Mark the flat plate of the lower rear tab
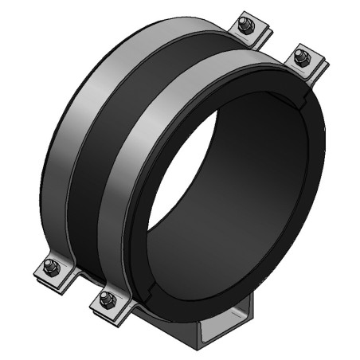click(x=44, y=274)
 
